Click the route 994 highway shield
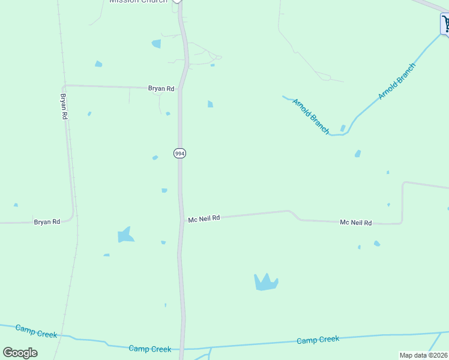pos(179,154)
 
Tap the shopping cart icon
pos(445,25)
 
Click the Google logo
pos(20,353)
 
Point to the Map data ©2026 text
pos(423,355)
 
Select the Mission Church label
pos(138,2)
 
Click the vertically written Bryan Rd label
pos(64,106)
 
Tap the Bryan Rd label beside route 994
pos(161,89)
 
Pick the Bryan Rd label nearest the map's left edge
pos(47,222)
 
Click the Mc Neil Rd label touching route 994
pos(204,219)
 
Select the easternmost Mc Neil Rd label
pos(355,223)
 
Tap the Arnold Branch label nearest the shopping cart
pos(396,82)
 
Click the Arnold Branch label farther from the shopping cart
pos(311,116)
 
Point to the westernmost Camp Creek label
pos(36,331)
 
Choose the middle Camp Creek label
pos(150,349)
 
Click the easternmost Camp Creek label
pos(318,340)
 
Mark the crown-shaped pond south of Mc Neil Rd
pos(266,282)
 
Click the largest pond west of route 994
pos(125,235)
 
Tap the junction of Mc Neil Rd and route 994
pos(181,220)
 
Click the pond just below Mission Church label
pos(157,44)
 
